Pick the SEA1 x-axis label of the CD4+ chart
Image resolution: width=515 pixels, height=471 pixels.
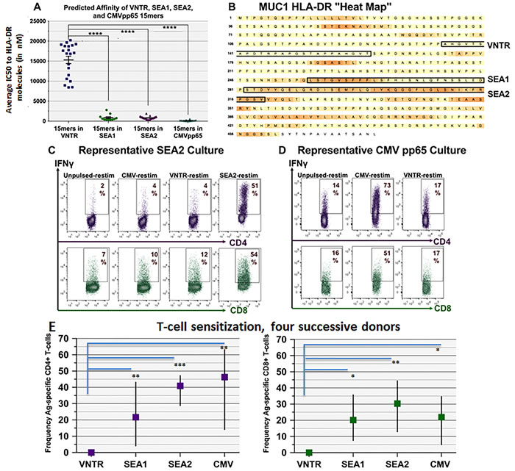[x=135, y=464]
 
